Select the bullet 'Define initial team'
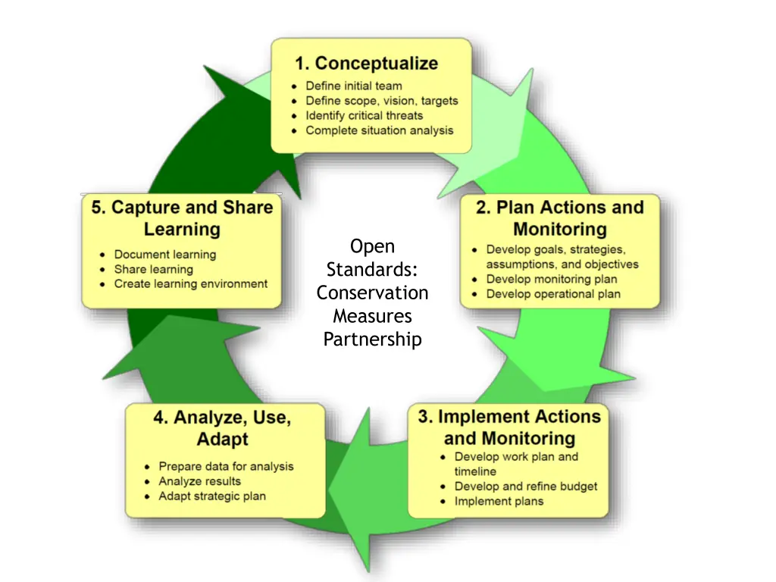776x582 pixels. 353,86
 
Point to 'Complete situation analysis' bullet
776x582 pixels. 379,130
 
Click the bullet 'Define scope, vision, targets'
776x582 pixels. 381,101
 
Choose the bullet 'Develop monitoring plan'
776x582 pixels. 551,280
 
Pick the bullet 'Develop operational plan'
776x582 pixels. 552,294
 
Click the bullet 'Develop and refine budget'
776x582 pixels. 525,487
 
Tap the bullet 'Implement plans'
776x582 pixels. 499,501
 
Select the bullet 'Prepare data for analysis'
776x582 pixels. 226,467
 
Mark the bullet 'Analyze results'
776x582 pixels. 199,481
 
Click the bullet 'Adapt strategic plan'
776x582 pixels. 211,496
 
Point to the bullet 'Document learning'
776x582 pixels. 164,255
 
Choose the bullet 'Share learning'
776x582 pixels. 153,269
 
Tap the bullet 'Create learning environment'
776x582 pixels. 190,284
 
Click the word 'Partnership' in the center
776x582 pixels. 372,339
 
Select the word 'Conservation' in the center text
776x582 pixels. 372,293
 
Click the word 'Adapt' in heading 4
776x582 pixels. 222,439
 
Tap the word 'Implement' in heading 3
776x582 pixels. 481,416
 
